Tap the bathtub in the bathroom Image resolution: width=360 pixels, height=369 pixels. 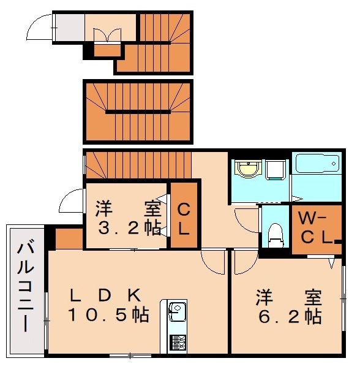pos(317,164)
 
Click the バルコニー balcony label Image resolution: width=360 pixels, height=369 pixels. pos(24,288)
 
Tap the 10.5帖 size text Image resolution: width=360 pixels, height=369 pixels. pos(109,315)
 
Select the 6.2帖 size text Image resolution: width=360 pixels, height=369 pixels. pos(289,316)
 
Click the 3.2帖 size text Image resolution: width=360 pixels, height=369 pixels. pos(127,228)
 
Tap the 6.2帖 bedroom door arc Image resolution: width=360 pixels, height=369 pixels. pos(243,262)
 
